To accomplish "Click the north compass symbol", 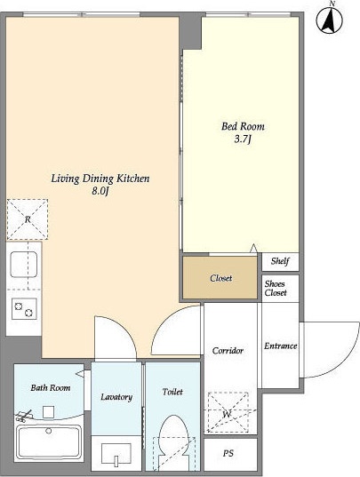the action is coord(329,20).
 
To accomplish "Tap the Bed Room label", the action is coord(243,126).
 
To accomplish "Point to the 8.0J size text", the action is coord(100,191).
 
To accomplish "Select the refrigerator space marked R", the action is coord(28,219).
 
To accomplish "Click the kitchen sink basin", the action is coord(24,265).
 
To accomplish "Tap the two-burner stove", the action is coord(24,309).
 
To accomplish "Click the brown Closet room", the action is coord(220,277).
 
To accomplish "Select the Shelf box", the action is coord(280,261).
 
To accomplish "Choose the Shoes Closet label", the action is coord(276,288).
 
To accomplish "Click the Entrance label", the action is coord(280,346).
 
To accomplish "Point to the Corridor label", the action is coord(228,351).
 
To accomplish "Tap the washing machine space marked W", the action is coord(228,412).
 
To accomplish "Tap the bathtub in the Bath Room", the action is coord(49,441).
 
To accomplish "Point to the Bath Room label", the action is coord(51,388).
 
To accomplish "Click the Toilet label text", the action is coord(172,392).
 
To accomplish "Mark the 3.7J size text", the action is coord(243,139).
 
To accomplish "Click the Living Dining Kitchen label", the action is coord(100,179).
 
